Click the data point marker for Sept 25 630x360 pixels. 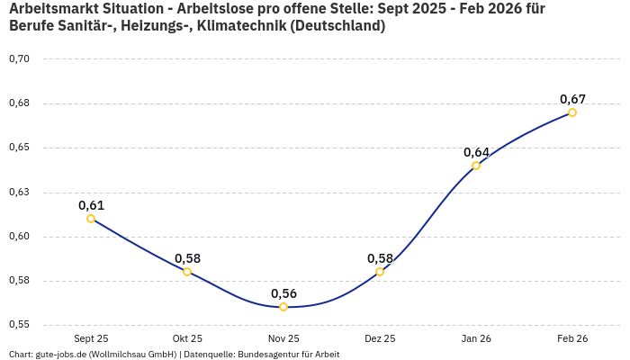(91, 219)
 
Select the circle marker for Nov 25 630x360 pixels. (283, 307)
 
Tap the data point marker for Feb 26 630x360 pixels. (572, 112)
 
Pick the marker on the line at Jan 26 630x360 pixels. (476, 166)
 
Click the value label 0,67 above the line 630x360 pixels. (572, 99)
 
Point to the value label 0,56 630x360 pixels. (283, 293)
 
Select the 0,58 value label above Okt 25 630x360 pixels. (187, 258)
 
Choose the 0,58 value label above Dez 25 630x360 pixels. (380, 258)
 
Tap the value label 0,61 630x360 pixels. (91, 205)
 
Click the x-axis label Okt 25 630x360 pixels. (187, 338)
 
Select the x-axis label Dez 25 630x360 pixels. (380, 338)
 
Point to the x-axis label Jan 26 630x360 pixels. (476, 338)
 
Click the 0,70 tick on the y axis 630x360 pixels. (19, 58)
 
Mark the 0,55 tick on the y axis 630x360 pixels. (19, 324)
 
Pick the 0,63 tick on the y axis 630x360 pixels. (19, 192)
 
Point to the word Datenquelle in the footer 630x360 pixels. (209, 355)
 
